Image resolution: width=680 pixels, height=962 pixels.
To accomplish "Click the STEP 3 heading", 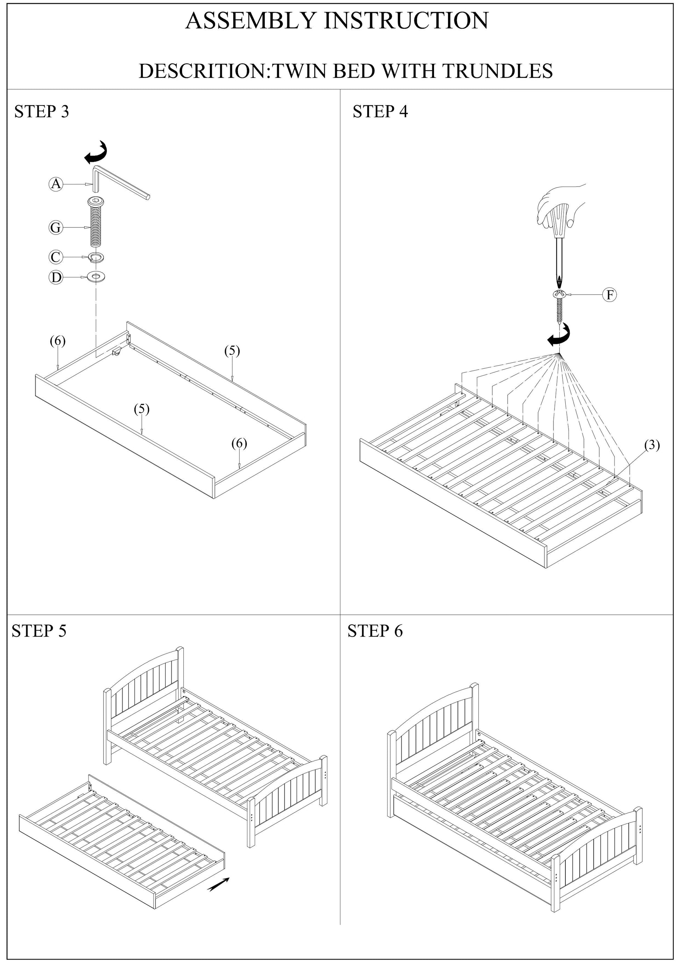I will click(42, 112).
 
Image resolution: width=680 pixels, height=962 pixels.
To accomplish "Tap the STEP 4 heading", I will click(380, 112).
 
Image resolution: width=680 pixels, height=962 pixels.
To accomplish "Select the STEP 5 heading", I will click(39, 631).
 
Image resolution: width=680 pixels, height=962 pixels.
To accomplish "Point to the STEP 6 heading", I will click(375, 631).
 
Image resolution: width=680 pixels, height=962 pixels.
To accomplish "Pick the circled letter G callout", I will click(56, 228).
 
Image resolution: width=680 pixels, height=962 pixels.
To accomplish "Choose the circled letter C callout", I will click(56, 257).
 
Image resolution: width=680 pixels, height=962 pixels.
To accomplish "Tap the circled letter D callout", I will click(56, 277).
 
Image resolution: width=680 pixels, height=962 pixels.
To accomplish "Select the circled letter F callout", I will click(610, 295).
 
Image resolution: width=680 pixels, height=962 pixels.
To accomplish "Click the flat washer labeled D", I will click(97, 277).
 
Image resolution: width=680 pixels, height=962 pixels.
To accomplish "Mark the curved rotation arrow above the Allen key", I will click(96, 153).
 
